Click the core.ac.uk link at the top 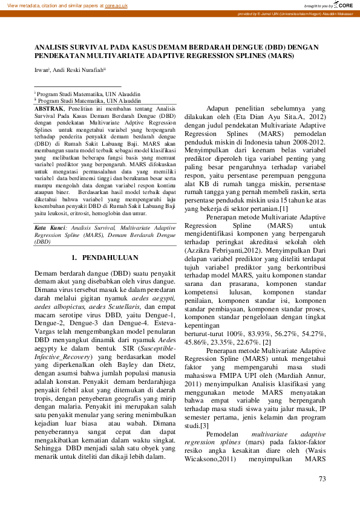116,5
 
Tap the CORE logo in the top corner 343,5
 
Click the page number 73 322,479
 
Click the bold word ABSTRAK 48,108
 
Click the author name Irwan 41,70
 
